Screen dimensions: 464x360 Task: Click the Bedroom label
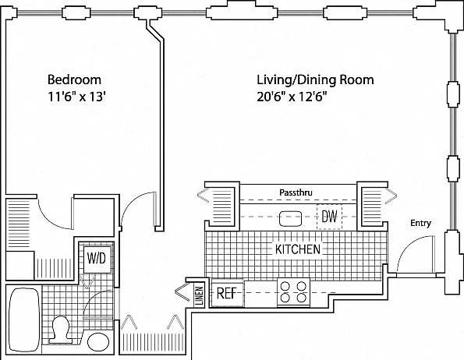pyautogui.click(x=74, y=79)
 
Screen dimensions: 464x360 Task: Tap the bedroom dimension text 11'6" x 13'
pyautogui.click(x=77, y=97)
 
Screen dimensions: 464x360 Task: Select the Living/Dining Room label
pyautogui.click(x=315, y=80)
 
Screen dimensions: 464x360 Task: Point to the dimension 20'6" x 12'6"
pyautogui.click(x=292, y=97)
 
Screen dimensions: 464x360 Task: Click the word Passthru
pyautogui.click(x=296, y=192)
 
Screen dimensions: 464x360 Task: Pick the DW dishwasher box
pyautogui.click(x=329, y=217)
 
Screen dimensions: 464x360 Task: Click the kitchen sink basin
pyautogui.click(x=290, y=219)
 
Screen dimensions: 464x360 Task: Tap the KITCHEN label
pyautogui.click(x=298, y=249)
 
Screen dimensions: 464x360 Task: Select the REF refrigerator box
pyautogui.click(x=227, y=293)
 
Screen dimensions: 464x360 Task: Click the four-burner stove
pyautogui.click(x=293, y=292)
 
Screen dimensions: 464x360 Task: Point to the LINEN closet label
pyautogui.click(x=200, y=295)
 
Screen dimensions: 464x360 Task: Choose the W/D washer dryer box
pyautogui.click(x=97, y=259)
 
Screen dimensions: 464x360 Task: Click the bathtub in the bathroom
pyautogui.click(x=24, y=319)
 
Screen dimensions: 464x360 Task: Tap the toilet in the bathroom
pyautogui.click(x=60, y=330)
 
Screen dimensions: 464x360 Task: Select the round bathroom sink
pyautogui.click(x=98, y=342)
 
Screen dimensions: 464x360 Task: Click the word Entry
pyautogui.click(x=420, y=223)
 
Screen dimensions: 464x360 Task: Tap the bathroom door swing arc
pyautogui.click(x=90, y=298)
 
